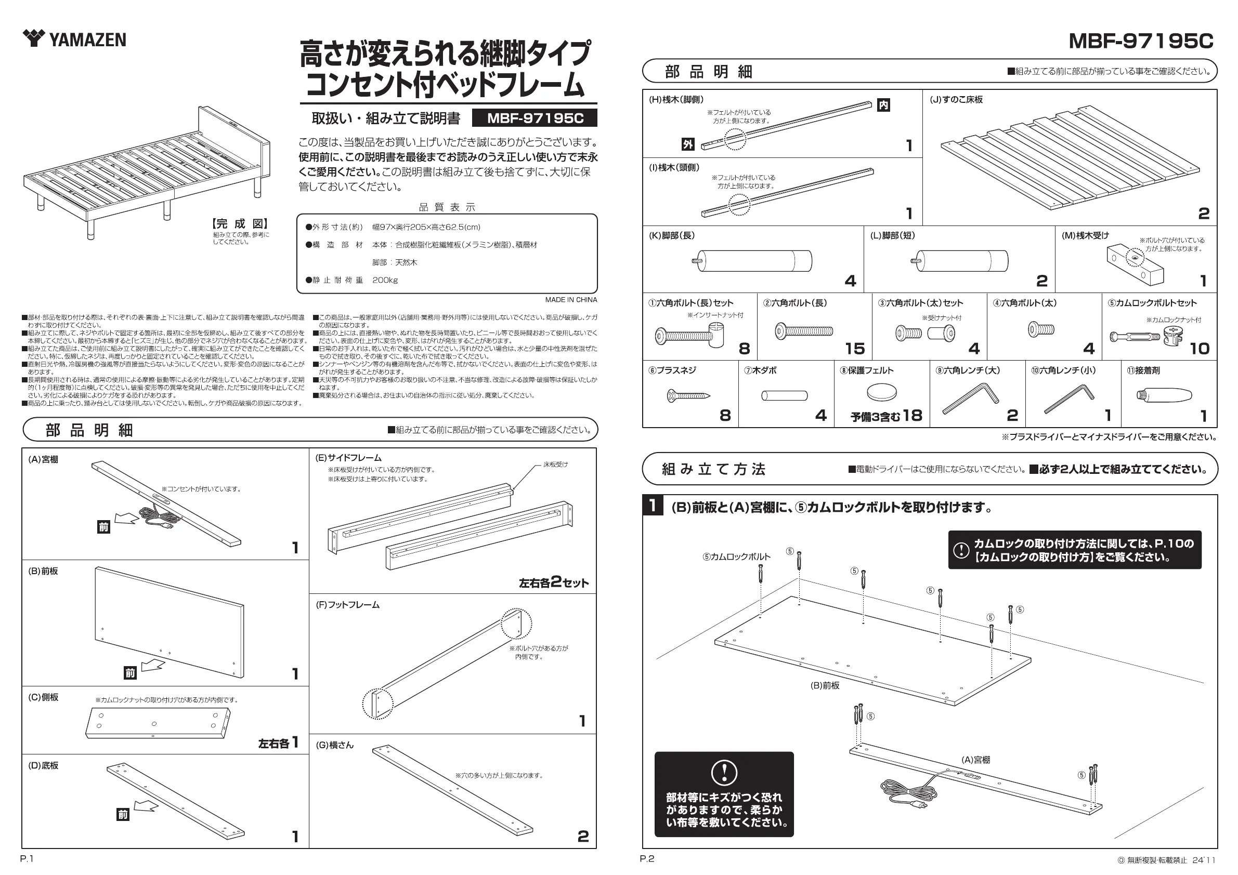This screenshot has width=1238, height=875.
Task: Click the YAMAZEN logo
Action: (x=74, y=39)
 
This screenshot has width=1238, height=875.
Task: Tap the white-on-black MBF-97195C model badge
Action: (x=535, y=118)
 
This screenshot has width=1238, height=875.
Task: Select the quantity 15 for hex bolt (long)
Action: (x=855, y=349)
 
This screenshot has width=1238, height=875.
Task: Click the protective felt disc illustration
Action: (x=882, y=392)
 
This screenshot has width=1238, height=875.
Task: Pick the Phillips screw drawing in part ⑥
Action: (x=688, y=396)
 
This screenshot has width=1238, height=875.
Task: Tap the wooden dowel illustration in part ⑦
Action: (x=784, y=396)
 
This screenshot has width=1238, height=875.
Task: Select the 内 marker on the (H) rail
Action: (x=883, y=105)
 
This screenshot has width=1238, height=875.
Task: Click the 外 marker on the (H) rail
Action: (x=687, y=144)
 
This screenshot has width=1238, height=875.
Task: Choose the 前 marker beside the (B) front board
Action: (x=130, y=673)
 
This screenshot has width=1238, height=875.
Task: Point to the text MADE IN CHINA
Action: (x=570, y=300)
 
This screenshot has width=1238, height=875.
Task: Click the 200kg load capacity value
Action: (x=385, y=280)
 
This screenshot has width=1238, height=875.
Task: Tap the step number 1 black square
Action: (x=653, y=506)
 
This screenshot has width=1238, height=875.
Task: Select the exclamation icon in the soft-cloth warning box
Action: (x=724, y=773)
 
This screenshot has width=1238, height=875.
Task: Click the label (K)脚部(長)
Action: (x=671, y=235)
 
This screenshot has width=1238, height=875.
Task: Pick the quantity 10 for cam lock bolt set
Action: (x=1200, y=349)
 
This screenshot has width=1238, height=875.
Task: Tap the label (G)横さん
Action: (x=334, y=745)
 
